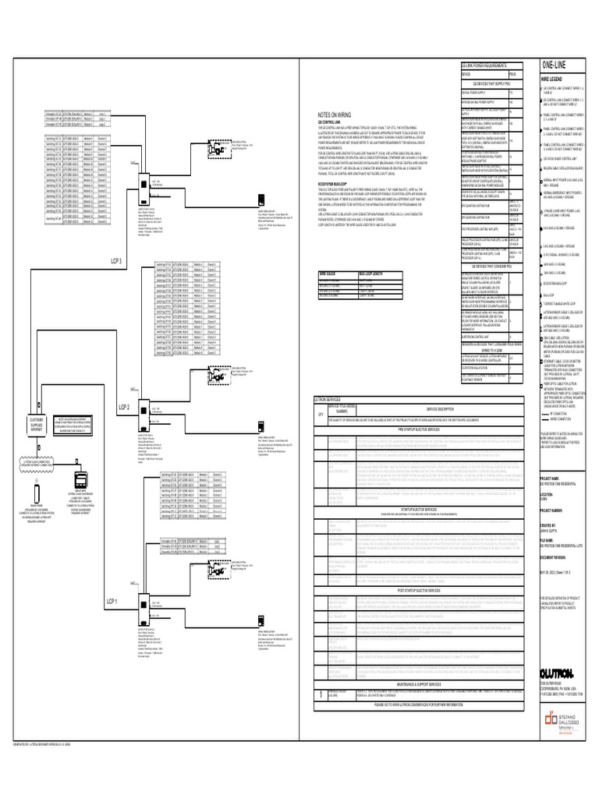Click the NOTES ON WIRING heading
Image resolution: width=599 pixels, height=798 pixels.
tap(332, 114)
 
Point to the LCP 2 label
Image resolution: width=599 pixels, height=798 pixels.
tap(124, 408)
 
